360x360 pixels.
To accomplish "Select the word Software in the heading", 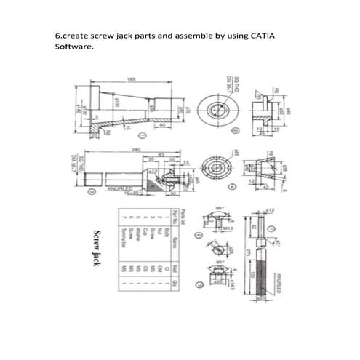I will pos(74,47).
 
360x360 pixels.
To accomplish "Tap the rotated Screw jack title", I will pos(95,247).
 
